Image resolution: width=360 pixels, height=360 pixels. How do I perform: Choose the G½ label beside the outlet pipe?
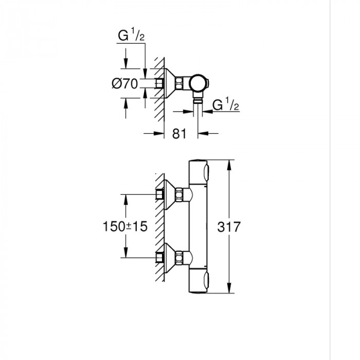pos(225,106)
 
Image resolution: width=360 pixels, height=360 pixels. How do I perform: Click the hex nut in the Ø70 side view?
pos(179,83)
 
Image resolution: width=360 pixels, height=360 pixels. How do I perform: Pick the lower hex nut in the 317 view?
pos(179,256)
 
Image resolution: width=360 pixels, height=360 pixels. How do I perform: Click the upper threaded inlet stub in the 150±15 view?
pos(159,194)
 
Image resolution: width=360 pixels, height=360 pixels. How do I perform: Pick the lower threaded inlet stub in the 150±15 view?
pos(159,256)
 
